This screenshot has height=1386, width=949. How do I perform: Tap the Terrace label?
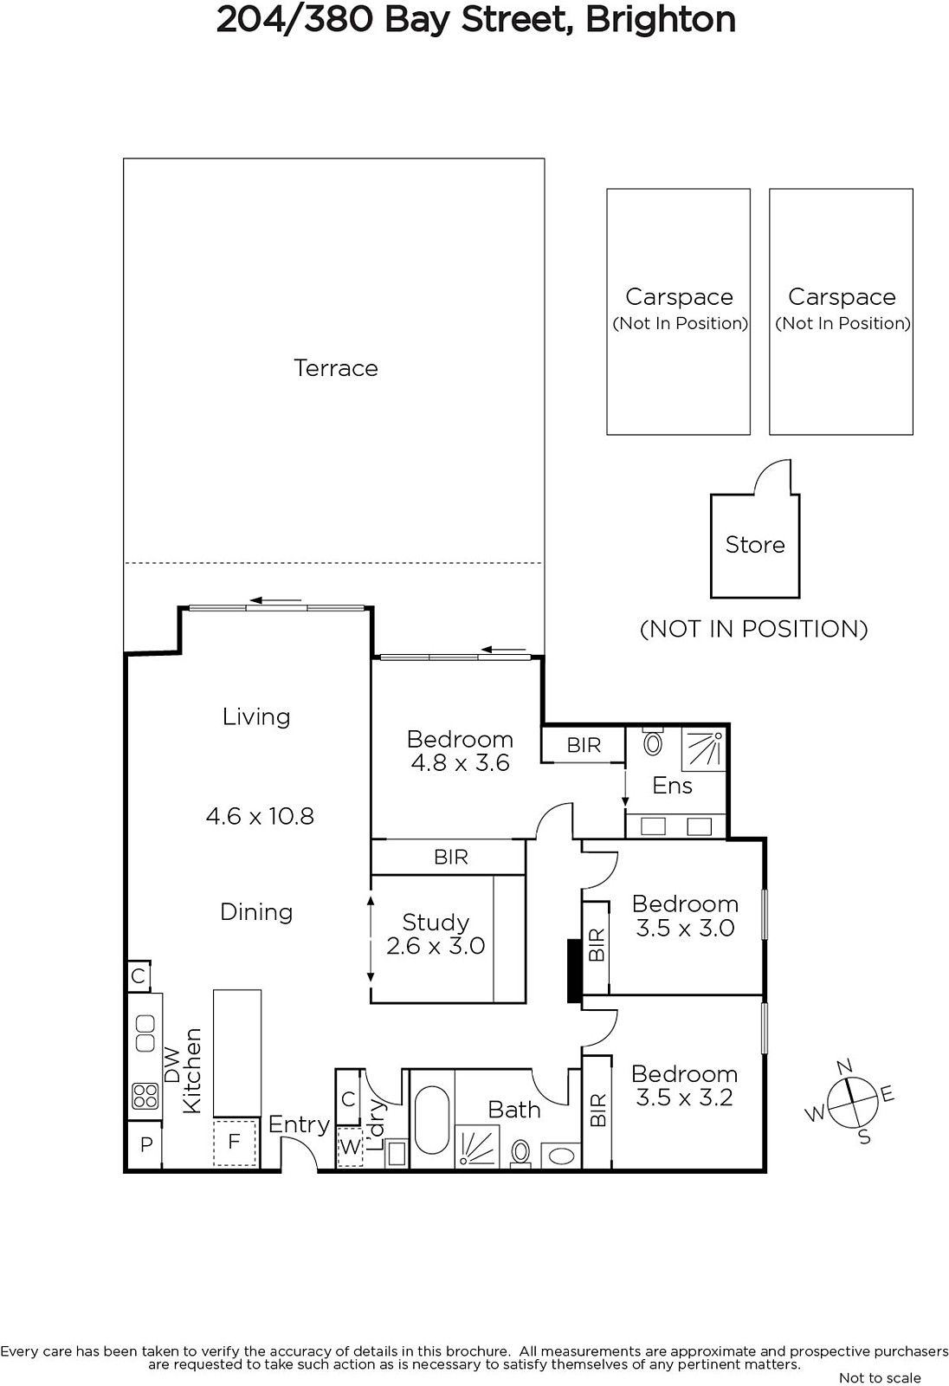tap(336, 368)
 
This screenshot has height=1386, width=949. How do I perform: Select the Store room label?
tap(755, 545)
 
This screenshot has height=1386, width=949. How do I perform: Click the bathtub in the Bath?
tap(432, 1121)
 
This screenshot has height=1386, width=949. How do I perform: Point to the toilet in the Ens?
tap(653, 743)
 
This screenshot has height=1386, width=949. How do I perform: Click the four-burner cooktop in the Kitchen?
tap(145, 1097)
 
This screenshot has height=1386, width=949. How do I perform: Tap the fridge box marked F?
tap(235, 1142)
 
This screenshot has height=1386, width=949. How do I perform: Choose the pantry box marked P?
tap(146, 1144)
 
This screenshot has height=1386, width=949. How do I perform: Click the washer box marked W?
tap(350, 1147)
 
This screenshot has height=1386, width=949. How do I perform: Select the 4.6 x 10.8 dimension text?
tap(260, 816)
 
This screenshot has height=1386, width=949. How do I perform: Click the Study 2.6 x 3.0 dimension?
tap(436, 946)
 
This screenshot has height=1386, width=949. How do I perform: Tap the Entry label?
tap(299, 1124)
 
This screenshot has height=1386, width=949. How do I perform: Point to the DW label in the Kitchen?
tap(172, 1065)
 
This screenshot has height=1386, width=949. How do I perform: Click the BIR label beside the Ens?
tap(584, 745)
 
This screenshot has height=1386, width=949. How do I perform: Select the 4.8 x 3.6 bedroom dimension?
tap(460, 763)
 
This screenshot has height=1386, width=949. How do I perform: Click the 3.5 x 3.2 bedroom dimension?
tap(684, 1098)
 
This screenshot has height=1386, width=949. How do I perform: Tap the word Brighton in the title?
tap(660, 19)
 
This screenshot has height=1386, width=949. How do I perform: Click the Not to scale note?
tap(880, 1377)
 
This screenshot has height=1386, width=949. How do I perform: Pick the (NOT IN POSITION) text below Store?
tap(753, 629)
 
